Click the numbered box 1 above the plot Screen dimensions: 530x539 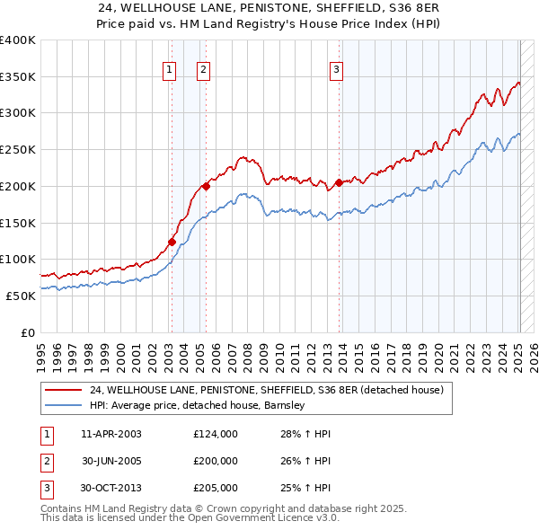pyautogui.click(x=170, y=70)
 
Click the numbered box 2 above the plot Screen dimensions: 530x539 pyautogui.click(x=204, y=70)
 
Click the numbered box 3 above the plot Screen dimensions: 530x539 pyautogui.click(x=336, y=70)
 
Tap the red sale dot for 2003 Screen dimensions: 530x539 pyautogui.click(x=172, y=241)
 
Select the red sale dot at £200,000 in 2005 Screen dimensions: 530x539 pyautogui.click(x=207, y=186)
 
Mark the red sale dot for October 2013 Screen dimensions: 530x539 pyautogui.click(x=339, y=182)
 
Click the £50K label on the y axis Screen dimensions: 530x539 pyautogui.click(x=21, y=296)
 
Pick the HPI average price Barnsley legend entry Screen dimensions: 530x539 pyautogui.click(x=199, y=405)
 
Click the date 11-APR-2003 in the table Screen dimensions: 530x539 pyautogui.click(x=110, y=434)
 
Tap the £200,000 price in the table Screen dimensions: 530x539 pyautogui.click(x=216, y=461)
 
